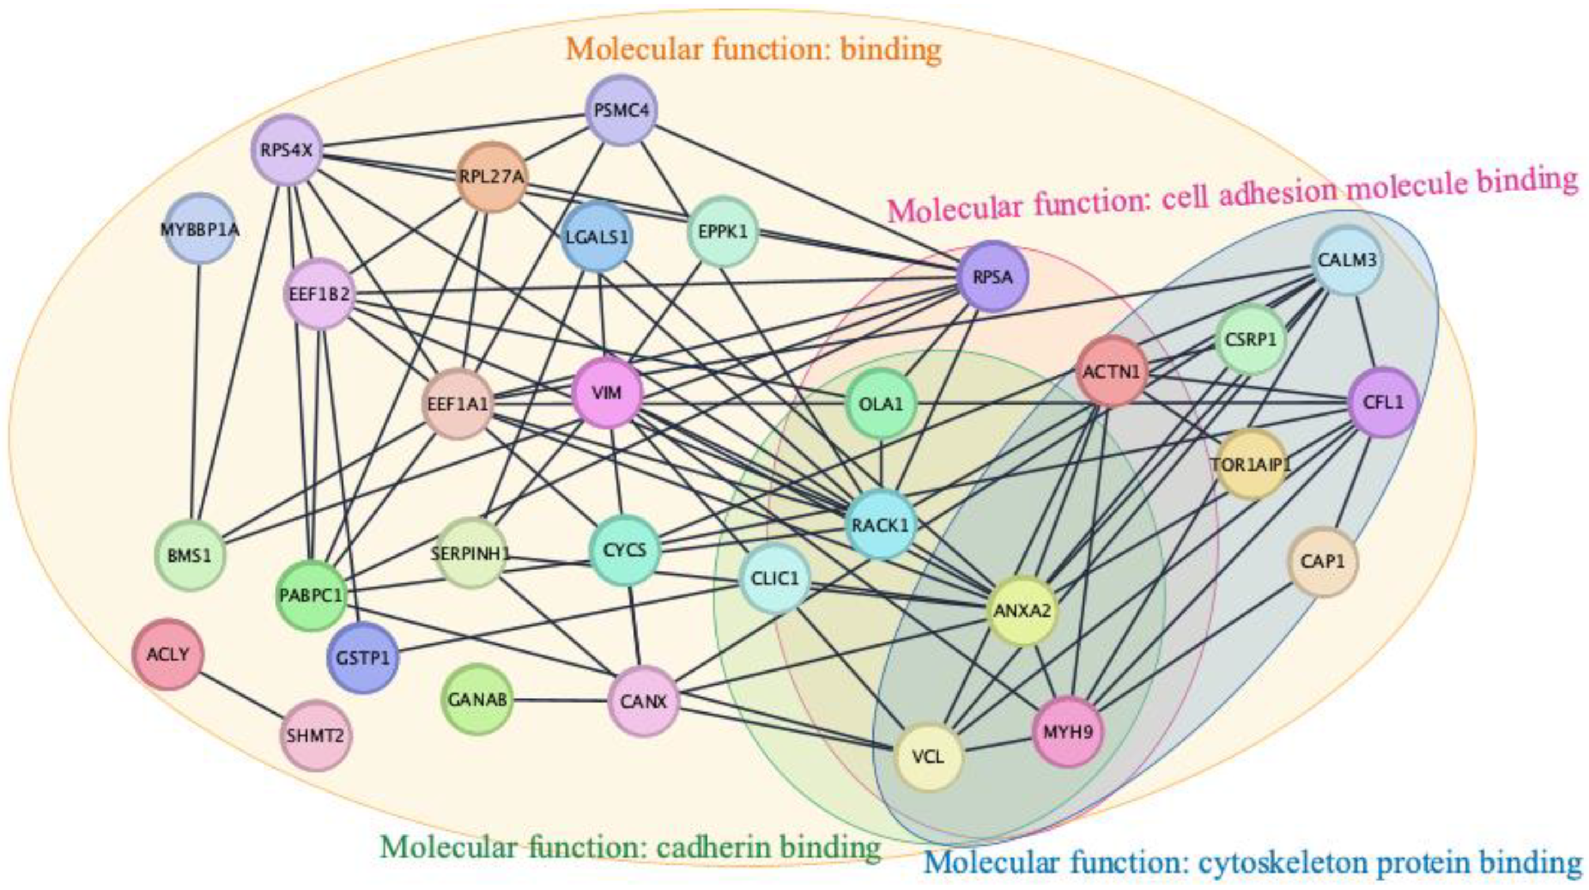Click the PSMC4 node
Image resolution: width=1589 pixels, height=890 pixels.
coord(621,111)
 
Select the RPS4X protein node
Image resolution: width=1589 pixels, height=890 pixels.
coord(287,150)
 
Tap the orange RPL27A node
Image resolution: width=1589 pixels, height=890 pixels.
coord(492,177)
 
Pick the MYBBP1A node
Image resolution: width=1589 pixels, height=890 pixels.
coord(200,229)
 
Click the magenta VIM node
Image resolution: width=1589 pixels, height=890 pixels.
coord(608,393)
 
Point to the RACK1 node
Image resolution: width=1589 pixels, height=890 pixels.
coord(880,525)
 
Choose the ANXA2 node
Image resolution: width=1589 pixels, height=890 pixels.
coord(1022,611)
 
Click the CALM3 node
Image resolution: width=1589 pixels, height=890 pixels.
coord(1347,260)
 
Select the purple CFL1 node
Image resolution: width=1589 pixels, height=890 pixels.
coord(1383,403)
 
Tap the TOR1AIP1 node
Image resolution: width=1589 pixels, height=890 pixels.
coord(1251,465)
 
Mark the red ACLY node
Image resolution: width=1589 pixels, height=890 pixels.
coord(168,654)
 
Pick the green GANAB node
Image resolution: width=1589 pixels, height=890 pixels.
coord(477,699)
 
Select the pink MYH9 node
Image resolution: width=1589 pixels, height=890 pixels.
coord(1068,732)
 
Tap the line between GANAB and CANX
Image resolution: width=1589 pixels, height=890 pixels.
coord(560,700)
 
